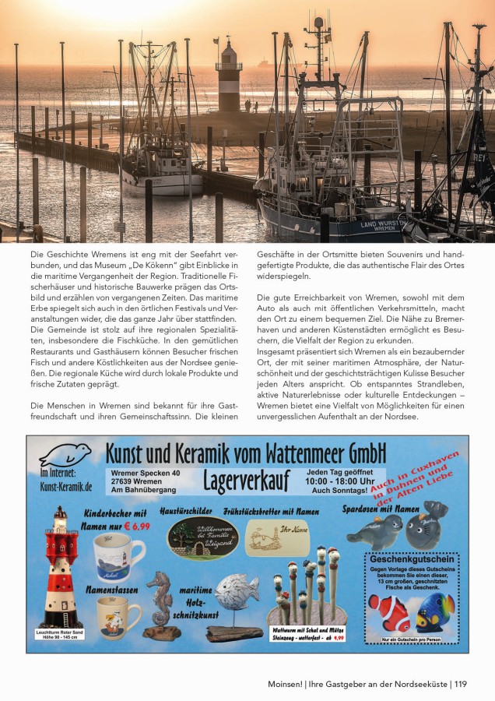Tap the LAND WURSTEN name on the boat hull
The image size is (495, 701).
pos(379,224)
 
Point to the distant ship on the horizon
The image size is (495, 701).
pos(262,61)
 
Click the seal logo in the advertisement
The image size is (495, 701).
pos(65,455)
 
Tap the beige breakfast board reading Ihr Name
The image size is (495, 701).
pos(277,537)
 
